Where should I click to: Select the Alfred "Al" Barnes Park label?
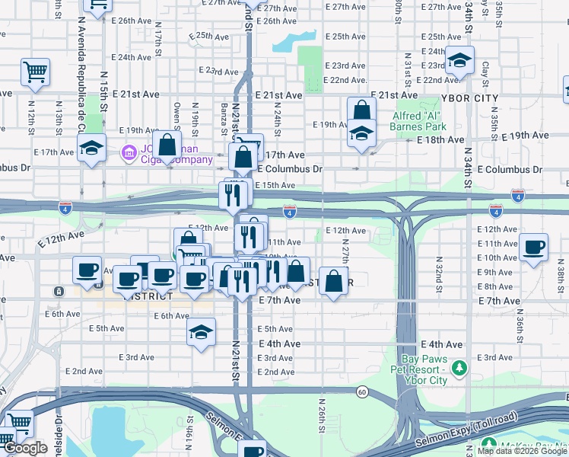point(418,120)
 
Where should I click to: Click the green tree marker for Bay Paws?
point(459,369)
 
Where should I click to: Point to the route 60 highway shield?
point(362,391)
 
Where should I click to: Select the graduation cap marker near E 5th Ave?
point(201,332)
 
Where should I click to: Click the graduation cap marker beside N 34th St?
point(459,60)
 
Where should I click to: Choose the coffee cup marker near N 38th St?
point(535,247)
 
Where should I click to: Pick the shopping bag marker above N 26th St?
point(333,281)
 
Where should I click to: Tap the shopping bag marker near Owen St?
point(168,145)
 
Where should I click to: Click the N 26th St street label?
point(322,411)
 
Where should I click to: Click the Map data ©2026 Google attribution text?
point(522,451)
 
